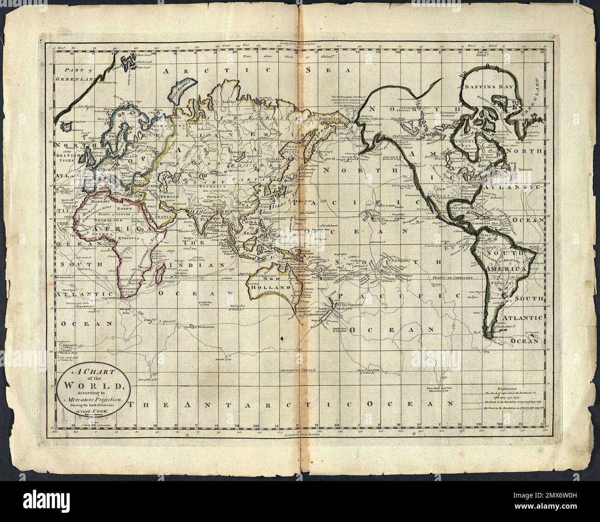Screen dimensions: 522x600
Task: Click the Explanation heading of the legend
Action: point(501,388)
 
